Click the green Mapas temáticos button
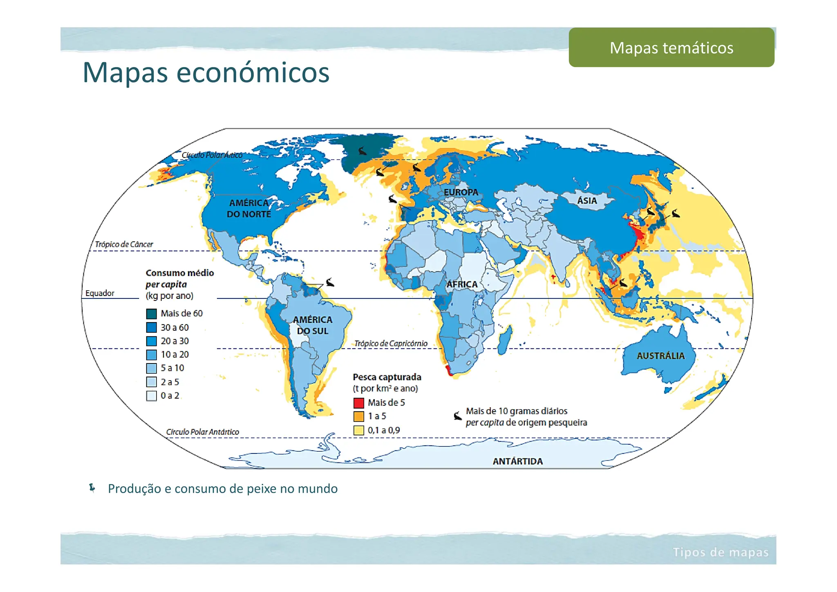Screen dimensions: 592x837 click(x=671, y=47)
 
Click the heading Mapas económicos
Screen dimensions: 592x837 click(x=206, y=72)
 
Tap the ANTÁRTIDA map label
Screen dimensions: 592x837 click(x=517, y=461)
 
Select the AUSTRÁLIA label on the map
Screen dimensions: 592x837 click(x=660, y=356)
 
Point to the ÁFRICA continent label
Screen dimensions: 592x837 click(x=462, y=284)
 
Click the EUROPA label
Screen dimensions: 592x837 click(x=461, y=192)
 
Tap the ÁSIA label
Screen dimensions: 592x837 click(x=587, y=201)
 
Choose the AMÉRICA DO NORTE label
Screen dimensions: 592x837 click(x=249, y=209)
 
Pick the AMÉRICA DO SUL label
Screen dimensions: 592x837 click(x=313, y=325)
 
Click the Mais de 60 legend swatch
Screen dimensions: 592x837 click(x=152, y=314)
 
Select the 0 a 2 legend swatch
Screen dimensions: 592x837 click(x=152, y=396)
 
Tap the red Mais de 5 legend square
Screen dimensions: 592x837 click(x=358, y=403)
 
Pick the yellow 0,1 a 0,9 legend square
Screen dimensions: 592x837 click(x=358, y=430)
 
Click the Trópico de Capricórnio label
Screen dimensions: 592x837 click(x=391, y=343)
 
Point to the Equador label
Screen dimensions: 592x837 click(x=100, y=293)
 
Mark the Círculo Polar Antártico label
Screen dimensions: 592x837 click(x=202, y=432)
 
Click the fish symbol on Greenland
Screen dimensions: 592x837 click(x=362, y=151)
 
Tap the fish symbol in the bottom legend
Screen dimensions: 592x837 click(x=457, y=416)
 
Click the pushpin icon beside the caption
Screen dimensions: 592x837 click(x=92, y=488)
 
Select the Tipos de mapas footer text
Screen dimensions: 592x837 click(x=721, y=552)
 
